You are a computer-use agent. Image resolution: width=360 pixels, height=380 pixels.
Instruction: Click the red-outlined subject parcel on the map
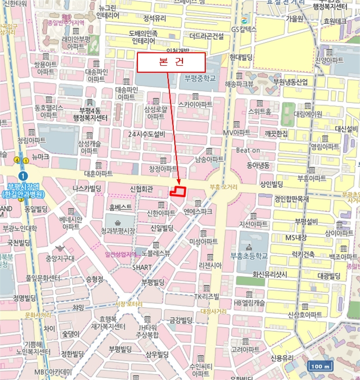pyautogui.click(x=178, y=191)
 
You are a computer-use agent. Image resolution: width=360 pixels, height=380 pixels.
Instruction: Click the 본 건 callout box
pyautogui.click(x=170, y=62)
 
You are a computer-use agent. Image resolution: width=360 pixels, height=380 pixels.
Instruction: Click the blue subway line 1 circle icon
pyautogui.click(x=22, y=176)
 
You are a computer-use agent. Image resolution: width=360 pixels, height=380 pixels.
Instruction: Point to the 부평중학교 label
pyautogui.click(x=200, y=78)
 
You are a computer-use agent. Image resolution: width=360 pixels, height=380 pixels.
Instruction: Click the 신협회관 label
pyautogui.click(x=142, y=189)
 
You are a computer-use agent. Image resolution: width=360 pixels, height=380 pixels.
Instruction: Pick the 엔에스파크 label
pyautogui.click(x=198, y=212)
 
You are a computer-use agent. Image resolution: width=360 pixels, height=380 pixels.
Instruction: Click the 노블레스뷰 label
pyautogui.click(x=156, y=252)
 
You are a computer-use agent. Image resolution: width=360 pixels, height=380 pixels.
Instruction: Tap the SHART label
pyautogui.click(x=142, y=267)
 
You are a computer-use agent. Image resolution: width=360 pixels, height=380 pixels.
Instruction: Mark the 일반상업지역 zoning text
pyautogui.click(x=122, y=254)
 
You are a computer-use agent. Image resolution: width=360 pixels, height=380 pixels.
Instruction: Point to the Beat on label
pyautogui.click(x=248, y=150)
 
